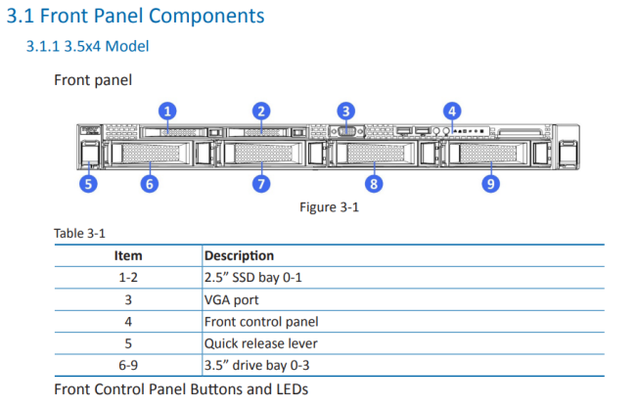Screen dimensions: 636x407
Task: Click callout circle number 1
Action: point(167,112)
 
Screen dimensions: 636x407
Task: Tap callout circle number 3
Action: point(346,112)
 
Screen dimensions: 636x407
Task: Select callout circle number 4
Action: point(452,112)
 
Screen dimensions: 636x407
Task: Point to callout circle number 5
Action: point(88,184)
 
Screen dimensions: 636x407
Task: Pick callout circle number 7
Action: point(261,184)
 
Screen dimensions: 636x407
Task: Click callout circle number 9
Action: point(491,184)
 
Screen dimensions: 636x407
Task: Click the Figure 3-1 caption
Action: point(330,207)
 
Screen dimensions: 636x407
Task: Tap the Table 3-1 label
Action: point(79,233)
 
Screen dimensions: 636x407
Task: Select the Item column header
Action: point(128,255)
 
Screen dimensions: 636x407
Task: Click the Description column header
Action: point(239,255)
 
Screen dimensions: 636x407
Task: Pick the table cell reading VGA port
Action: point(231,300)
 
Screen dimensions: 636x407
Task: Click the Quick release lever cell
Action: point(261,343)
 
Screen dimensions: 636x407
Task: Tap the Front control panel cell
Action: point(261,322)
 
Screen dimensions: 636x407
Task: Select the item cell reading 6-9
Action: point(128,366)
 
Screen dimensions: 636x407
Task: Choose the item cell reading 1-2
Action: point(128,278)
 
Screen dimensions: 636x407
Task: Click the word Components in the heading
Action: point(206,17)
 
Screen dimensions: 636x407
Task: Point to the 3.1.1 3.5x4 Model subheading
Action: point(88,46)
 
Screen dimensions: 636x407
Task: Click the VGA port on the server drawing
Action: point(346,131)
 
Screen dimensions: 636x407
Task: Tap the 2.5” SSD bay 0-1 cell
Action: point(253,278)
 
